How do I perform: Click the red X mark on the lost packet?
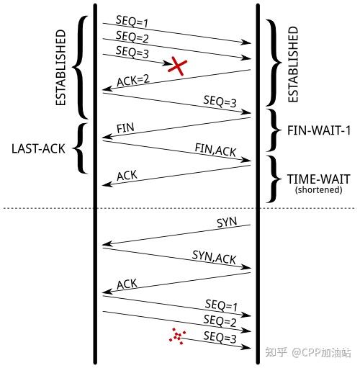pos(177,66)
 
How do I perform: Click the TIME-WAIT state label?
pos(315,179)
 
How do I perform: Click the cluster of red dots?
pos(177,336)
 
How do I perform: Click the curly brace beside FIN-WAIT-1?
pos(272,130)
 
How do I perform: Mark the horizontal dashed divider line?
pos(180,208)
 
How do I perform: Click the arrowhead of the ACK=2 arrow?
pos(105,89)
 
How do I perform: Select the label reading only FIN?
pos(125,128)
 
